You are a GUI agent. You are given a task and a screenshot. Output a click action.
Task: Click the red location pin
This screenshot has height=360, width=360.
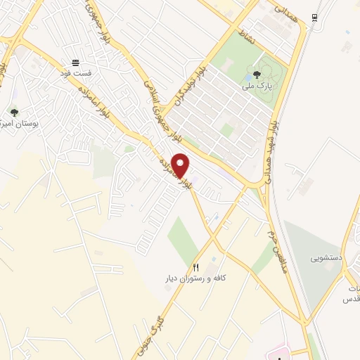click(x=181, y=165)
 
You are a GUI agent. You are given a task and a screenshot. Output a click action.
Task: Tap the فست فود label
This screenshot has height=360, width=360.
click(x=75, y=73)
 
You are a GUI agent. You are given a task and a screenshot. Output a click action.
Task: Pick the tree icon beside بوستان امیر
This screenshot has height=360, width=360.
click(x=14, y=112)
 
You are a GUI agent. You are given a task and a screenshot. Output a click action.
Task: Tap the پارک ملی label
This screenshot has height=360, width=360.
click(x=257, y=86)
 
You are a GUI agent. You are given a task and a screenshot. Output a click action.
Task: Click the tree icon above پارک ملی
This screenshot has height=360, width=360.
click(x=257, y=75)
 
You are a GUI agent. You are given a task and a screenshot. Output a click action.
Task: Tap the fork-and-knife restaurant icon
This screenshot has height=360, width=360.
click(x=196, y=267)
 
